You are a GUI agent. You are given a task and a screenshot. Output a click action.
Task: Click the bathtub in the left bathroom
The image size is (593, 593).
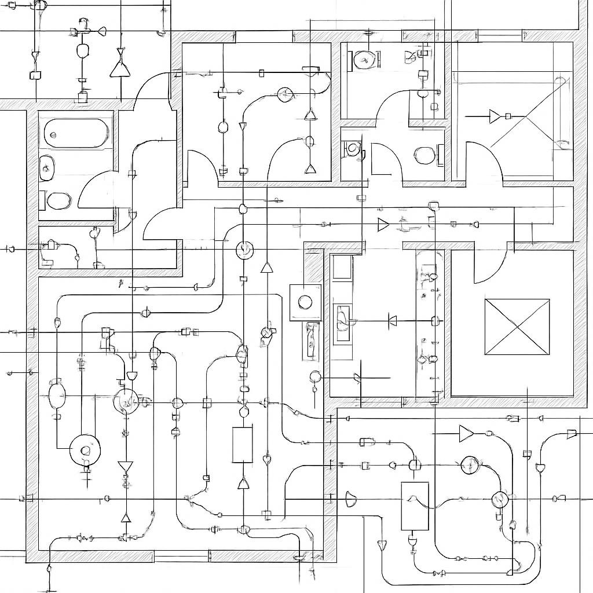76,133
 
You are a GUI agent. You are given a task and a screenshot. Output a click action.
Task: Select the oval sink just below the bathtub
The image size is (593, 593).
46,168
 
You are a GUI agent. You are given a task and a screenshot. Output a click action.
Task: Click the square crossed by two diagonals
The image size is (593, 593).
517,327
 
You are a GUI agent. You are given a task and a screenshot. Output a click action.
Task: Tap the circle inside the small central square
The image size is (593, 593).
305,301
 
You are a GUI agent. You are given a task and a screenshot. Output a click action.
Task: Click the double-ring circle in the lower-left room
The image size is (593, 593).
85,451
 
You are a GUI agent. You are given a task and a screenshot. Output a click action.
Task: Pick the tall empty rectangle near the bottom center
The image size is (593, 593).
242,445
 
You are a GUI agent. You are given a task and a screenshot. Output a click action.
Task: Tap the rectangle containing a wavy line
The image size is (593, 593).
415,506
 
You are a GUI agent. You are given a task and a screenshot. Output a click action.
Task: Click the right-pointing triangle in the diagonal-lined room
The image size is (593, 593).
494,116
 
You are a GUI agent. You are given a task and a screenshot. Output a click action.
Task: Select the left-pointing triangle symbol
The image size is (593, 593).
392,320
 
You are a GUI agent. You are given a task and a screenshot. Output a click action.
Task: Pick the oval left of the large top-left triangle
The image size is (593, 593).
83,50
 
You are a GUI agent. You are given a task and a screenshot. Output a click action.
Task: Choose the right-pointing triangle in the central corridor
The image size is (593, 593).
383,225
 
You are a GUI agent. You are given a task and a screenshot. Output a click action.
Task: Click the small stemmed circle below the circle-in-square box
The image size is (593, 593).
316,377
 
